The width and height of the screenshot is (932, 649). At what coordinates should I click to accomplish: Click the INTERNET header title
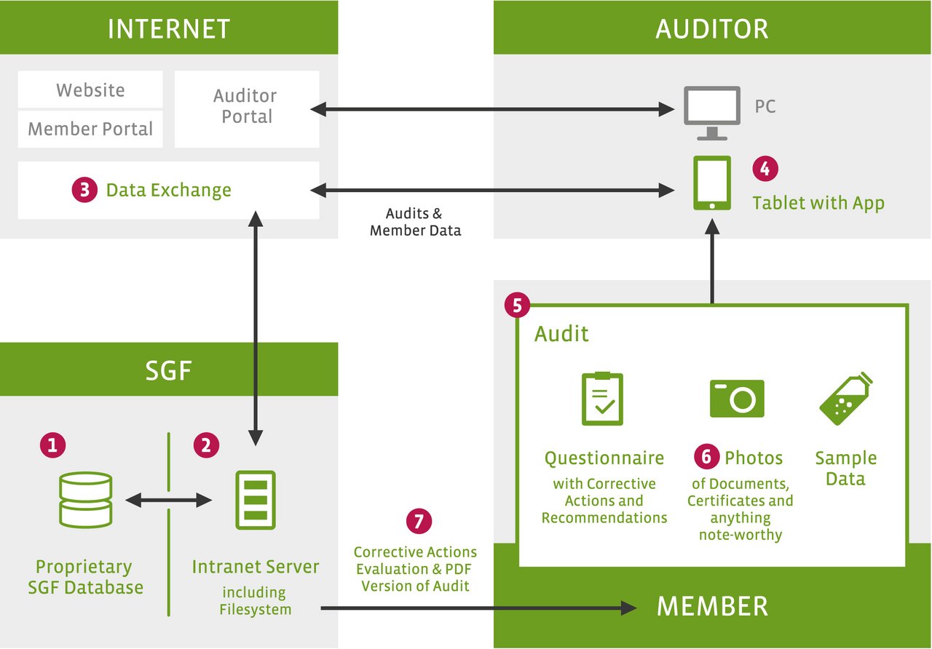(168, 28)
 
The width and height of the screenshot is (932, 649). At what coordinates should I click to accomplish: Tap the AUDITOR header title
(712, 28)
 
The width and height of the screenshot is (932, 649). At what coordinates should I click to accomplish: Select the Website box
(90, 89)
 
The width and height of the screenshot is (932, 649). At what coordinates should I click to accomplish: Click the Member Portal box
(90, 129)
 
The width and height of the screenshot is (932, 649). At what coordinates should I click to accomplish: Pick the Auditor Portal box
(247, 109)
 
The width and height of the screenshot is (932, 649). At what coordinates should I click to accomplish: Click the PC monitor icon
(712, 113)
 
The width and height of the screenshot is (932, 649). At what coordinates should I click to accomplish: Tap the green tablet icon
(712, 183)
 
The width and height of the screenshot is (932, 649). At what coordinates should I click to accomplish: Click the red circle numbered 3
(84, 190)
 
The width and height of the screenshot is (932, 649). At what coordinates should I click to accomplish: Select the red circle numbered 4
(765, 168)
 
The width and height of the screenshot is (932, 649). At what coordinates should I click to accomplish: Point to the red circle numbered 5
(517, 305)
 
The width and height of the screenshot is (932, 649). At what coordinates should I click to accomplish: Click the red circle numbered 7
(419, 521)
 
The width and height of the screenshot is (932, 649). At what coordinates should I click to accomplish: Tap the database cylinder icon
(85, 500)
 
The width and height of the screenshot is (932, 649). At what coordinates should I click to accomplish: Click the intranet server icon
(256, 500)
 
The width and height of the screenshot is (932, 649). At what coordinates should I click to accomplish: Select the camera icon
(737, 398)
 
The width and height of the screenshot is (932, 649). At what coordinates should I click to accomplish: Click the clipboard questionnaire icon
(602, 398)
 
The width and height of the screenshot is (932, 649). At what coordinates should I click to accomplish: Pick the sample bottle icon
(846, 398)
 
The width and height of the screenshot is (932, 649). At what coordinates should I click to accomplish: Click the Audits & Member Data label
(415, 222)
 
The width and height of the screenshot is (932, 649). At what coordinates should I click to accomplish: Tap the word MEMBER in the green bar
(712, 606)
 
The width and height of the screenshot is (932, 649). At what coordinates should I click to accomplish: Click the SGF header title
(168, 370)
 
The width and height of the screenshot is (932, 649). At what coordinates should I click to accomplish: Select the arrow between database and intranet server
(168, 500)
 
